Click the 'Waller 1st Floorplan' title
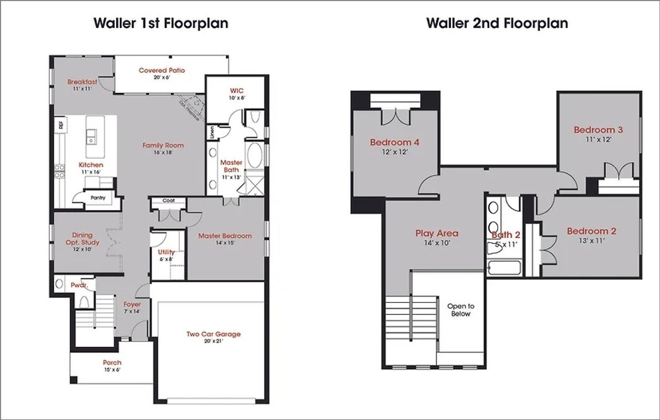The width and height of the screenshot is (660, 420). coord(160,23)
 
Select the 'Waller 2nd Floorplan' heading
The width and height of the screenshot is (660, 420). coord(497,23)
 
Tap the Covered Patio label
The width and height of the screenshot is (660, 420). coord(161,70)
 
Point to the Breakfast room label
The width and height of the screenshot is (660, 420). coord(82,82)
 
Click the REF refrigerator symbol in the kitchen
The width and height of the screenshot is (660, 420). coord(60,125)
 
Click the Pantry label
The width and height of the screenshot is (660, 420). coord(98,197)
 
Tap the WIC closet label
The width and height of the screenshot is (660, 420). coord(237,91)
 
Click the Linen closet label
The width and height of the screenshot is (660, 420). coord(211,132)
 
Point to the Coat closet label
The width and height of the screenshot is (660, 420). coord(169,200)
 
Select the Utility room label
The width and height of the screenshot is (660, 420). coord(166,253)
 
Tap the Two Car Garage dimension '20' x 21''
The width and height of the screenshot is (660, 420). coord(213,341)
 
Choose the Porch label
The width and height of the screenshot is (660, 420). coord(112,362)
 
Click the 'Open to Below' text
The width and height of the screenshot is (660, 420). coord(460,310)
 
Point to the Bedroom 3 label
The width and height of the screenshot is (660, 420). coord(598,130)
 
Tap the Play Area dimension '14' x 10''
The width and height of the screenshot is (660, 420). coord(437,243)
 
